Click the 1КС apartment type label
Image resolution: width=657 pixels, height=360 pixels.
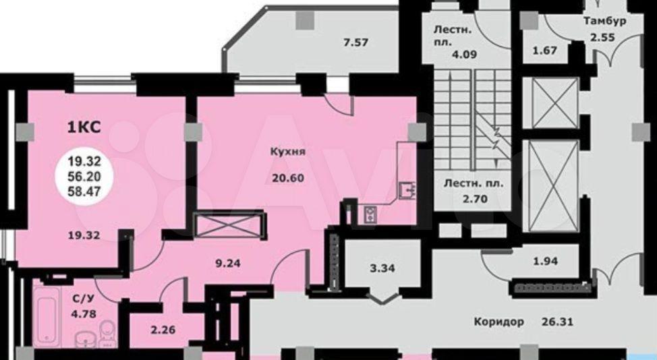84,127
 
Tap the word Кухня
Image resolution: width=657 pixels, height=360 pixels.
288,152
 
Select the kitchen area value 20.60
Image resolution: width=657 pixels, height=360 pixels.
288,179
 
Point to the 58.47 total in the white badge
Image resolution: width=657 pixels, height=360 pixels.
84,191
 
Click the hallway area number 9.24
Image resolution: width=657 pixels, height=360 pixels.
227,264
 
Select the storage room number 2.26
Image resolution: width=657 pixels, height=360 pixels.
163,330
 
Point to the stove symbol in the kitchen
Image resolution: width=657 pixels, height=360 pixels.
370,214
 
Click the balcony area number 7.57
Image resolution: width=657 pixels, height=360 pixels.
355,42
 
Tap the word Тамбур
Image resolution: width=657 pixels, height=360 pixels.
605,21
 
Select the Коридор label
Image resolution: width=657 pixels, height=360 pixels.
499,322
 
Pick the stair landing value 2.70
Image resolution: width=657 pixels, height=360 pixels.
475,198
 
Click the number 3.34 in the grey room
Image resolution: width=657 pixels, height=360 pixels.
382,268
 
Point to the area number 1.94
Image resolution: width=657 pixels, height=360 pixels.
546,261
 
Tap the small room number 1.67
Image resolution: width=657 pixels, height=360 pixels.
545,51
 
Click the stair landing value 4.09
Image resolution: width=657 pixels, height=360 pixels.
464,55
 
